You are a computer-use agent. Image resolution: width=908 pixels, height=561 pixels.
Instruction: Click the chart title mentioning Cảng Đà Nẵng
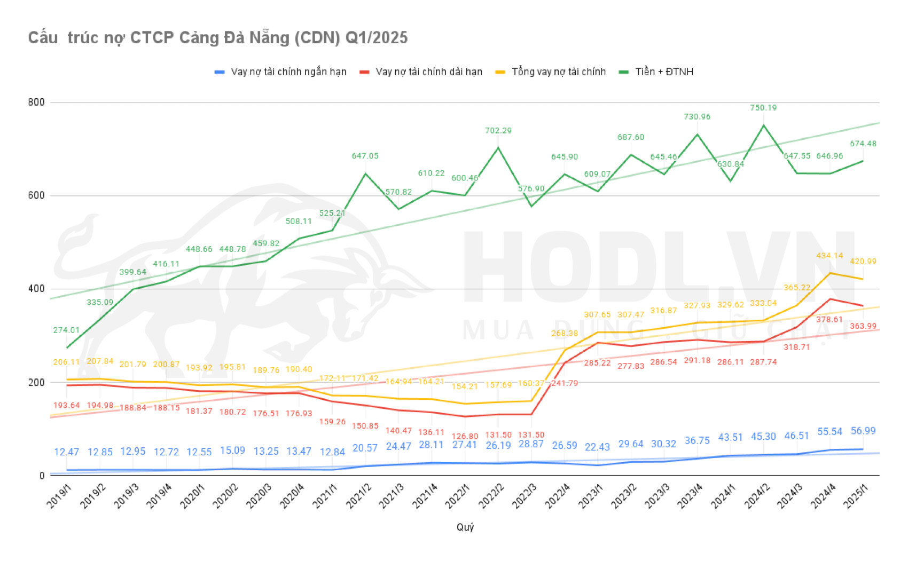tap(217, 38)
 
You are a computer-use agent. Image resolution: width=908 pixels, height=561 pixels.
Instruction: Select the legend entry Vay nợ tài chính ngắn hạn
tap(288, 72)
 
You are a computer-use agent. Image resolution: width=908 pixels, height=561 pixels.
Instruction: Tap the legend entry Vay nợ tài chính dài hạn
tap(428, 72)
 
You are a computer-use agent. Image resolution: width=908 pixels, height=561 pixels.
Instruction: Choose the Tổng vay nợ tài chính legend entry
tap(558, 72)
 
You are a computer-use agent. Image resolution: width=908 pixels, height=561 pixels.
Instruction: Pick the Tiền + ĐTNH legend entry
tap(664, 72)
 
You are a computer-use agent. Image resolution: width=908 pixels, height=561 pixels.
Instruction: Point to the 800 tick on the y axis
tap(36, 102)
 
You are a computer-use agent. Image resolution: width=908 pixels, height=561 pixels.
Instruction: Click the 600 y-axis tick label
tap(36, 196)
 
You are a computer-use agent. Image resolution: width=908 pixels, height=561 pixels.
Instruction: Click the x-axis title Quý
tap(465, 527)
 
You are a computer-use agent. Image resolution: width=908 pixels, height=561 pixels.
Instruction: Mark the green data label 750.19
tap(763, 108)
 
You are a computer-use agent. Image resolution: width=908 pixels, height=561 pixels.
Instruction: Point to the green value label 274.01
tap(66, 330)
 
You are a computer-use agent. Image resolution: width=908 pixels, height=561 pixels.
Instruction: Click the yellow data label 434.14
tap(829, 256)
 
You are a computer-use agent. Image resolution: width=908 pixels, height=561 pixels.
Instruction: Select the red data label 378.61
tap(829, 320)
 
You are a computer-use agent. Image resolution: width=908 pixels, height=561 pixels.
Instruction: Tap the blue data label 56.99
tap(863, 431)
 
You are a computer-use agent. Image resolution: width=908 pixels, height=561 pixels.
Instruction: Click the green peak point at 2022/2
tap(498, 148)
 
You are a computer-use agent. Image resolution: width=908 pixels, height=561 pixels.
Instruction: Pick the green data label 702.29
tap(498, 131)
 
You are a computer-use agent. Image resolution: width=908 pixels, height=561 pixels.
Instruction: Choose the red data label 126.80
tap(465, 437)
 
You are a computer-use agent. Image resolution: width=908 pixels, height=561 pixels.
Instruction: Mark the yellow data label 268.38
tap(565, 334)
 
